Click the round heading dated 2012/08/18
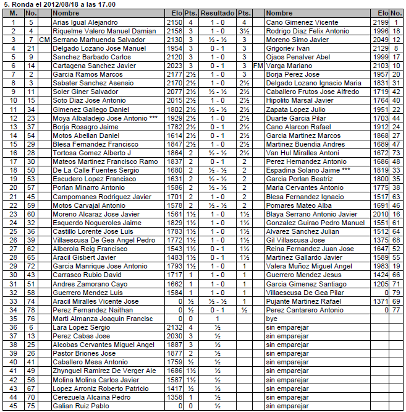pos(59,4)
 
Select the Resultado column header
pos(217,13)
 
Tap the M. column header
pos(13,13)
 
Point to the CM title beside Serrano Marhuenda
pos(44,39)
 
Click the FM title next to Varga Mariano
pos(258,65)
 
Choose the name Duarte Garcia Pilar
pos(294,117)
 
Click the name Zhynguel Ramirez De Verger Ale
pos(104,371)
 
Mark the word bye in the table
pos(271,319)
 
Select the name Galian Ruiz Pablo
pos(81,406)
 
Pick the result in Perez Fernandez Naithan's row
pos(217,310)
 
